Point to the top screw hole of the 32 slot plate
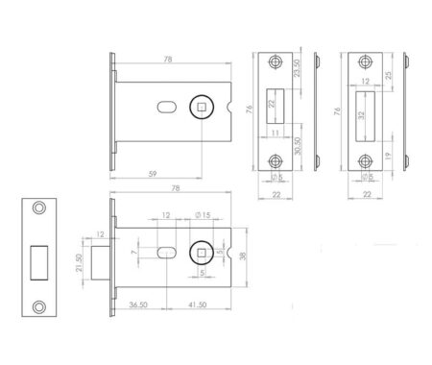(365, 62)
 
